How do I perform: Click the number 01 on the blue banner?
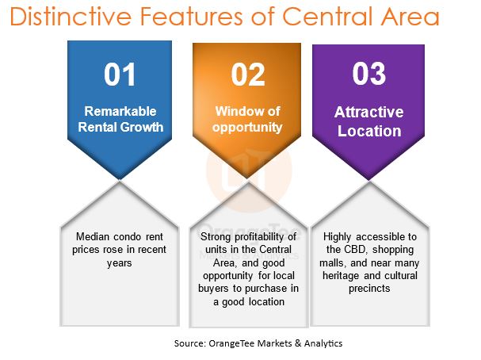120,75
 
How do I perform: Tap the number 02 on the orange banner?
248,75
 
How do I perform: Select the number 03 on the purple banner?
368,74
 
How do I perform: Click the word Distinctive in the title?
71,16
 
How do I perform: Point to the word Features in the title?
192,16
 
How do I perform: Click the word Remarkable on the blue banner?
120,111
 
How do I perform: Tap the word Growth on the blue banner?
142,127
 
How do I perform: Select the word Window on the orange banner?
235,111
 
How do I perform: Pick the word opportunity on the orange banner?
247,128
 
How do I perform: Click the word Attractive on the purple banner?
368,112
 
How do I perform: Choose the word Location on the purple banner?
369,131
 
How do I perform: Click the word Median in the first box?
93,236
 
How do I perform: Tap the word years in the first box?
120,263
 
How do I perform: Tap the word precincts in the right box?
369,289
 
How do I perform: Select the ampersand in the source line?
298,343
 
